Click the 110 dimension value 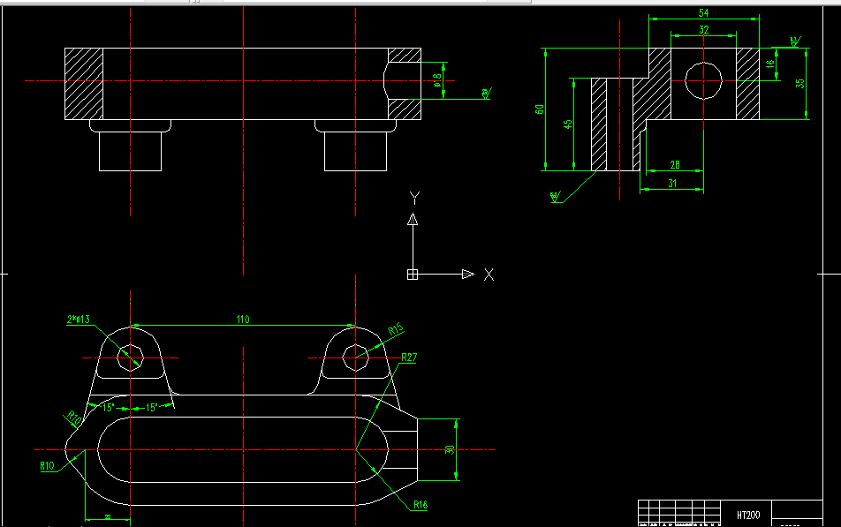242,320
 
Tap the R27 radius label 409,358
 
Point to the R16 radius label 420,505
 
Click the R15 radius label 395,329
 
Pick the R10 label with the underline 47,464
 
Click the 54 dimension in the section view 704,12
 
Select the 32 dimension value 704,29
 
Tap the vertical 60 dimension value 540,109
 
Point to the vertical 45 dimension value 567,124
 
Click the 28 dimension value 675,165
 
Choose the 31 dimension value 672,184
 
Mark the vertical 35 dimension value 799,83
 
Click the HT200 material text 747,514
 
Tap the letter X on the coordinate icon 489,275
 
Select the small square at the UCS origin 412,275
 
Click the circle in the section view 704,81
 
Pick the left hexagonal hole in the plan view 131,357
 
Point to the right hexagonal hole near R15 355,357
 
